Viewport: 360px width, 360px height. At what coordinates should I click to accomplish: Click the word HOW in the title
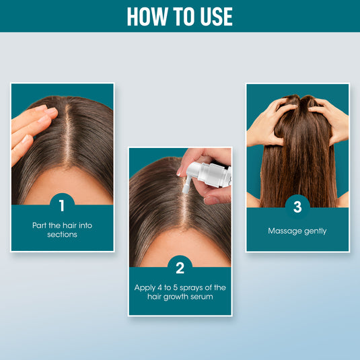[x=143, y=16]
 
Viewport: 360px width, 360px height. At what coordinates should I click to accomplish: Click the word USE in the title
[x=214, y=16]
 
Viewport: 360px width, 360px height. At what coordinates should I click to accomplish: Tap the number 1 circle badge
[x=62, y=204]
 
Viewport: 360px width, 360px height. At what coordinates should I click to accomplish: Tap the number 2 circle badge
[x=180, y=268]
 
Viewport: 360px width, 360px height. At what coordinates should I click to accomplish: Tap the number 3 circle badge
[x=297, y=207]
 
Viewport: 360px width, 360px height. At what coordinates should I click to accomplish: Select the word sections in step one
[x=62, y=234]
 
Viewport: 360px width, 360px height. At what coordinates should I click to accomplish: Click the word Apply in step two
[x=146, y=287]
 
